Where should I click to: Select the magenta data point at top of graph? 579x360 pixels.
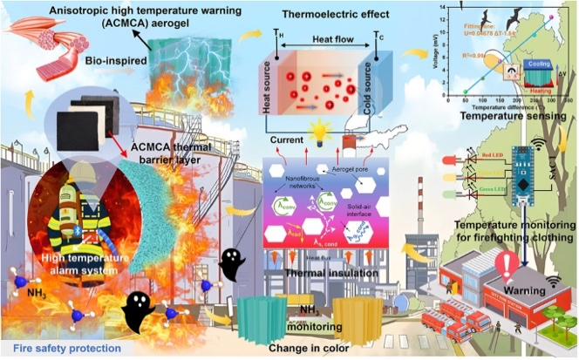point(551,17)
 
